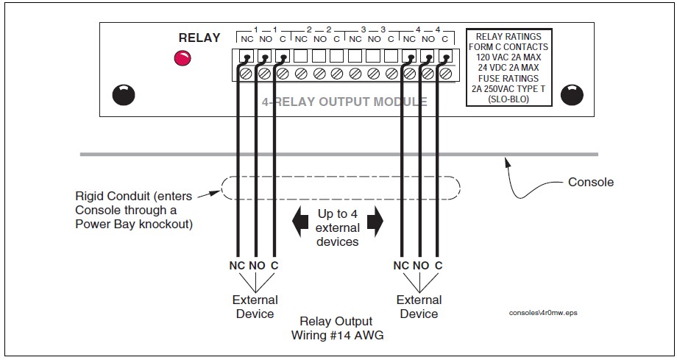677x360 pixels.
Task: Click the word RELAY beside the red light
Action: pyautogui.click(x=199, y=38)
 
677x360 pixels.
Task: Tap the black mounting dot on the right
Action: pyautogui.click(x=572, y=95)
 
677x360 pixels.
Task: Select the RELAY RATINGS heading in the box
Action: pyautogui.click(x=509, y=36)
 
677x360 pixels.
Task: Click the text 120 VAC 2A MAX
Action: pyautogui.click(x=509, y=57)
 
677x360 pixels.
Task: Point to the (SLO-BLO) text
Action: pyautogui.click(x=509, y=99)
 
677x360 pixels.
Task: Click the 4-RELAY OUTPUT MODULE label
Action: pyautogui.click(x=344, y=102)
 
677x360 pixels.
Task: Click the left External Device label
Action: pyautogui.click(x=255, y=306)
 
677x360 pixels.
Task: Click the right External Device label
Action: pyautogui.click(x=419, y=306)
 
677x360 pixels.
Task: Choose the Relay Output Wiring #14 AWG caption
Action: pyautogui.click(x=337, y=328)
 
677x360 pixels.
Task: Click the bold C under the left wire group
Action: pyautogui.click(x=274, y=265)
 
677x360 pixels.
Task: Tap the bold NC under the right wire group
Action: pyautogui.click(x=402, y=265)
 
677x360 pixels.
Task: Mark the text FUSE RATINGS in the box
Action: pyautogui.click(x=509, y=78)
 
